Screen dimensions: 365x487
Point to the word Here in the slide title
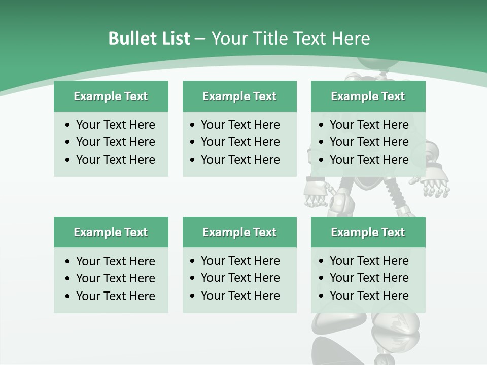point(351,39)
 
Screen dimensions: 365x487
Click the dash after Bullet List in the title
point(200,39)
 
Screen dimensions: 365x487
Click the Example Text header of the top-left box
point(111,96)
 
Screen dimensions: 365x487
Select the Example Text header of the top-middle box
point(239,96)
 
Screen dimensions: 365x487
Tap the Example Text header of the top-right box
point(368,96)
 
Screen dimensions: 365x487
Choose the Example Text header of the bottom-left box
point(111,232)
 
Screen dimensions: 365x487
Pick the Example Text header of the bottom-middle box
point(239,232)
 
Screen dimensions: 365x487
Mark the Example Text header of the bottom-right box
point(368,232)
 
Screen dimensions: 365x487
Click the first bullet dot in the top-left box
point(68,125)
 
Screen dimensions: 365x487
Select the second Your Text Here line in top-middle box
point(240,142)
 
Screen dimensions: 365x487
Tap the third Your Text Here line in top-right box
point(369,160)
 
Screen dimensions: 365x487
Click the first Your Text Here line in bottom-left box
point(115,261)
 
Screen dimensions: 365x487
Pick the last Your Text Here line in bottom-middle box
point(240,296)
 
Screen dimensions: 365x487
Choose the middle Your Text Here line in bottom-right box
point(369,278)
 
